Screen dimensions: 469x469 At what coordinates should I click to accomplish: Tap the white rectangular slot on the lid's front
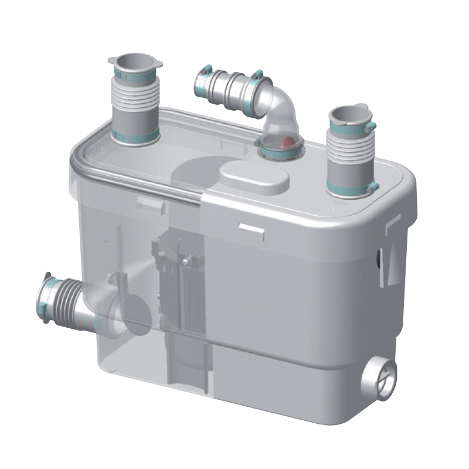(x=251, y=227)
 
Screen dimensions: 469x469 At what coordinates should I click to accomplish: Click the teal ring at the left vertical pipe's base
(x=136, y=137)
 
